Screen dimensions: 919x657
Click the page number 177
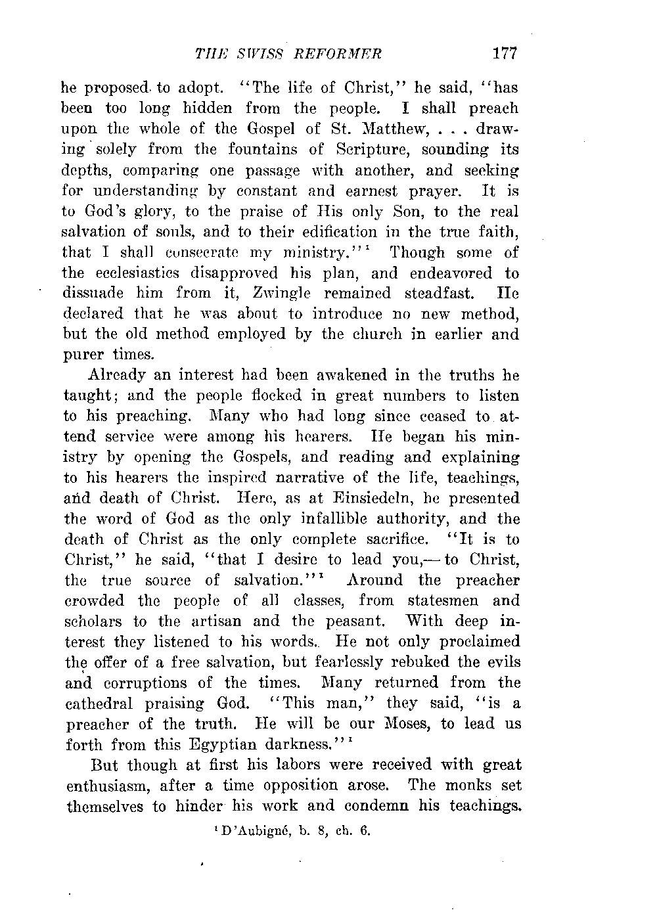click(x=505, y=53)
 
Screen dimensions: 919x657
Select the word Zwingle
click(x=256, y=293)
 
